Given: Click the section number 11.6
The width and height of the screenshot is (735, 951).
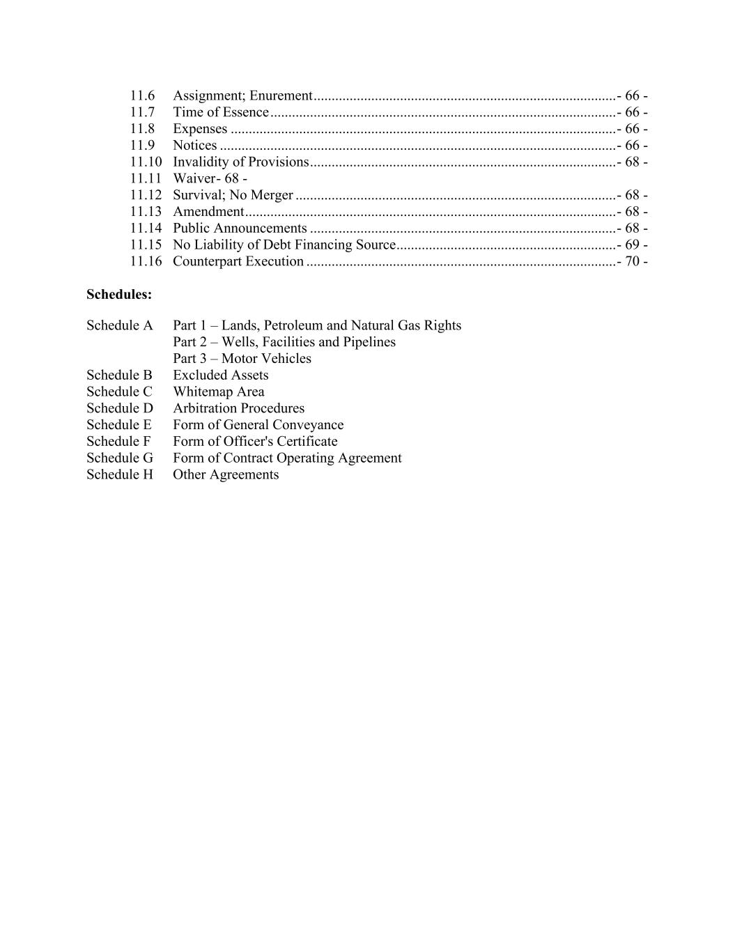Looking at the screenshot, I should pos(142,95).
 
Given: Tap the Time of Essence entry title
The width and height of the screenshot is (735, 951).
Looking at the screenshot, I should pos(220,112).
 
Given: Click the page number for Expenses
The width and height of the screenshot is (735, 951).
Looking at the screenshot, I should pos(633,129).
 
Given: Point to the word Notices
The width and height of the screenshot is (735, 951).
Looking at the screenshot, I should pos(195,146).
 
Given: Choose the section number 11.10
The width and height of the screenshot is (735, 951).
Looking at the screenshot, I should pos(146,162).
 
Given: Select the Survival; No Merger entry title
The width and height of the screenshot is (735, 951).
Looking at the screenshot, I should pos(233,195).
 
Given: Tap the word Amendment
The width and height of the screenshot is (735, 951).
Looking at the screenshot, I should pos(208,212).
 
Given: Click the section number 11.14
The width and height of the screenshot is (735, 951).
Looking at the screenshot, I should pos(146,229).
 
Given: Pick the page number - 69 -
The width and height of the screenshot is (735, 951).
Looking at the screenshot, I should pos(633,245).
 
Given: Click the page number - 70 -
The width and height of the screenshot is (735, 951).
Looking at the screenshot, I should pos(633,262).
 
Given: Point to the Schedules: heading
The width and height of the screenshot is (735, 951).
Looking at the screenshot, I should pos(119,295).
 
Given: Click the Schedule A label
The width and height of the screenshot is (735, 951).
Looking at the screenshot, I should pos(119,325).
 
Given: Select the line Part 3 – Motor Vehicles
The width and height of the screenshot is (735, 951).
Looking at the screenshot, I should pos(242,359).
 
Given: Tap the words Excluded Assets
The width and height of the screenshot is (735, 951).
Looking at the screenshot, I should pos(220,376).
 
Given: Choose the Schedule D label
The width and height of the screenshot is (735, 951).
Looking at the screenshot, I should pos(119,408).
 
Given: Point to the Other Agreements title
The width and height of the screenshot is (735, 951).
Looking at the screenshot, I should pos(226,475).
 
